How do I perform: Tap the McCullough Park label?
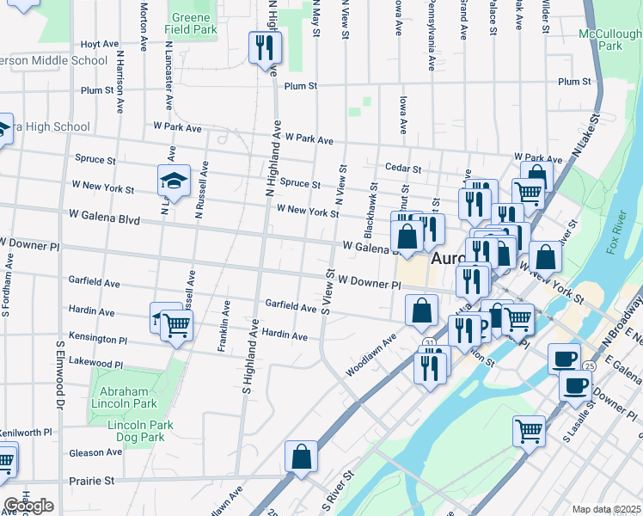611,40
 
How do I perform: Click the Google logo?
28,506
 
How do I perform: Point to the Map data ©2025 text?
606,509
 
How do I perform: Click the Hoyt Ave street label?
99,44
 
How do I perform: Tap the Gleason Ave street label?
96,452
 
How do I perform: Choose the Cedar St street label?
402,169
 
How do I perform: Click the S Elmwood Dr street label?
60,374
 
